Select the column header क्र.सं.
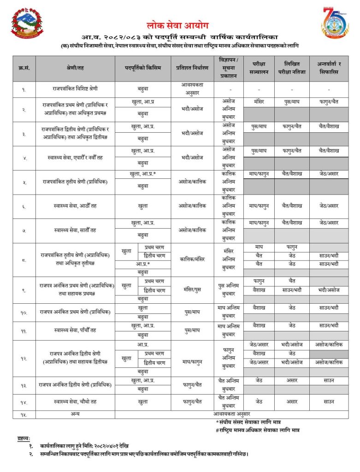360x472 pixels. tap(24, 68)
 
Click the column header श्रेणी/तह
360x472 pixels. tap(75, 68)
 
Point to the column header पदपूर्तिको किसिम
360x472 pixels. tap(143, 68)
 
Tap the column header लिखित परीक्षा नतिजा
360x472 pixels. tap(292, 68)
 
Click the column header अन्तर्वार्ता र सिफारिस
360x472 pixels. tap(328, 68)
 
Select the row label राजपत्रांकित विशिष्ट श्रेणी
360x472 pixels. tap(75, 88)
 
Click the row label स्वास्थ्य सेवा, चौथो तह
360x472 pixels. tap(75, 401)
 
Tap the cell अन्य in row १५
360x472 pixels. tap(75, 414)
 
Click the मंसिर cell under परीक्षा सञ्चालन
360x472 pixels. tap(259, 100)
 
